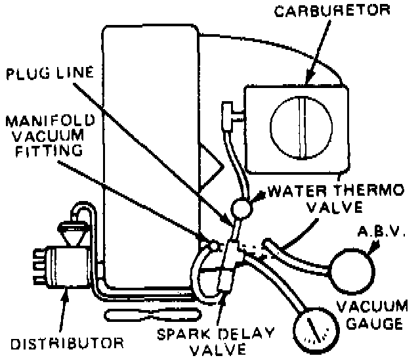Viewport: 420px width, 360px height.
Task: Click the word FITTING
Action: coord(45,150)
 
